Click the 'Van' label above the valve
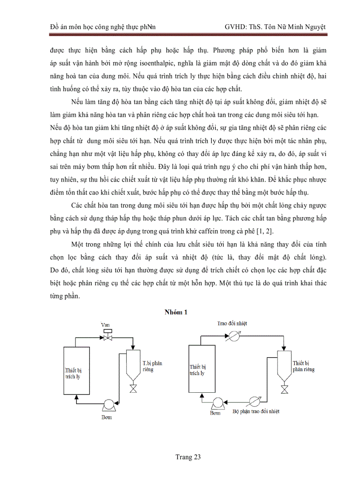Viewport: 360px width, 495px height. click(105, 325)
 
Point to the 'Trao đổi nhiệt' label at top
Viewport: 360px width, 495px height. click(232, 323)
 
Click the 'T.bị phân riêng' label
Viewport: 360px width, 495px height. click(152, 366)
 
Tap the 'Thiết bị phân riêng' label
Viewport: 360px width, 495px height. click(304, 366)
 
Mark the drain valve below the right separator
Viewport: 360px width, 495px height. click(285, 389)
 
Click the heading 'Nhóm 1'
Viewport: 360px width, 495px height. click(176, 312)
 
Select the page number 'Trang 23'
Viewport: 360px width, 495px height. click(188, 457)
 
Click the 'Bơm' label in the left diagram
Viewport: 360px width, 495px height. click(106, 417)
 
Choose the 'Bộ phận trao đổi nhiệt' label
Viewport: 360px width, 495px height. click(255, 412)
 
